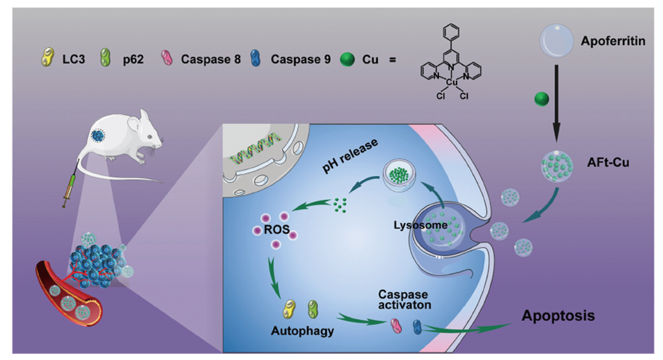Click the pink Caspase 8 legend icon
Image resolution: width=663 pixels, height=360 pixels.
coord(166,59)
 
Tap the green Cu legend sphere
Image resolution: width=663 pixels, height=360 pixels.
coord(348,60)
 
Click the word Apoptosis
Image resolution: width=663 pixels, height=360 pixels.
coord(558,316)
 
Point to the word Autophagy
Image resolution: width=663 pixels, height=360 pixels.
coord(302,330)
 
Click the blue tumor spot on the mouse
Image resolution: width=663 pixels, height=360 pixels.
coord(98,135)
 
